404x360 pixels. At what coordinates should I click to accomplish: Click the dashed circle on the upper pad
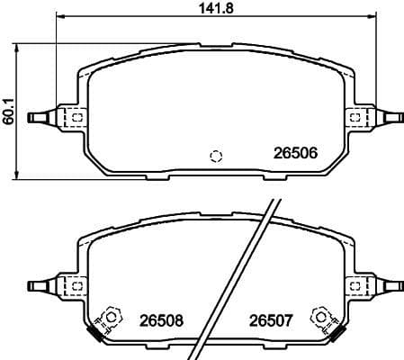215,156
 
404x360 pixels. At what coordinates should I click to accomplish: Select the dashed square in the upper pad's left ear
77,117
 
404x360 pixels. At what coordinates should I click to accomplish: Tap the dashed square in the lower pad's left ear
77,286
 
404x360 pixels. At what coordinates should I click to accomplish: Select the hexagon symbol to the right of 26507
319,316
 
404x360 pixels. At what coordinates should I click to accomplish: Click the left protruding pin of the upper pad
41,117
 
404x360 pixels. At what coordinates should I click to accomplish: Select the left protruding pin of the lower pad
41,286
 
